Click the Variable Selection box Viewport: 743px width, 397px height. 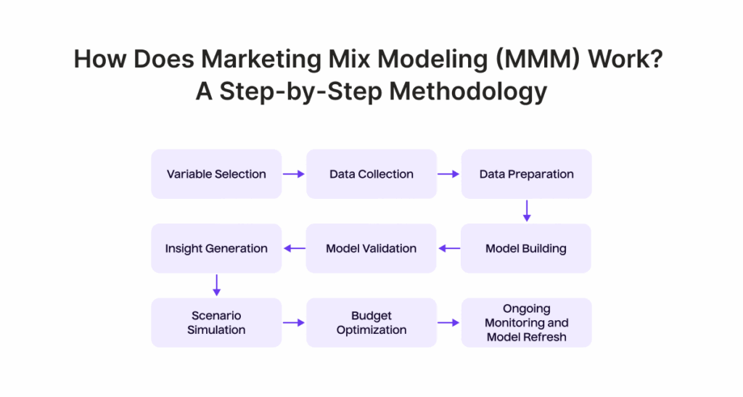click(216, 174)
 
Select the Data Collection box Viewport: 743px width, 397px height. click(371, 174)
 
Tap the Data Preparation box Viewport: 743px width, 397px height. click(527, 174)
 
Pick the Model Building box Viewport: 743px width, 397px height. click(526, 248)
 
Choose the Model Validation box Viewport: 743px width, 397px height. click(371, 248)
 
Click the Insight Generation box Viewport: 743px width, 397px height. click(216, 248)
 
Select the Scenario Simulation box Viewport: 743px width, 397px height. click(216, 323)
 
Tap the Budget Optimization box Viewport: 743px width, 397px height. click(371, 323)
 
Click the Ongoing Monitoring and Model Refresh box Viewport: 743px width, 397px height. click(527, 323)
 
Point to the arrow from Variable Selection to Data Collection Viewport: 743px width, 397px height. click(294, 174)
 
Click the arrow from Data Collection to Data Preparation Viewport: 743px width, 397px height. click(448, 174)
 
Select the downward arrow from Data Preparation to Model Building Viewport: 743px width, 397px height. click(527, 210)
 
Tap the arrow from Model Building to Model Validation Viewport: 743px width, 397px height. click(449, 248)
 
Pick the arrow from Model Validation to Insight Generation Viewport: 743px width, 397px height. click(295, 248)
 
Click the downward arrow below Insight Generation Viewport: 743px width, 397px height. click(216, 285)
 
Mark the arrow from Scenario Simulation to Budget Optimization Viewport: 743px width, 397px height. click(294, 323)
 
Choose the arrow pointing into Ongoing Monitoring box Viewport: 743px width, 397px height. click(448, 323)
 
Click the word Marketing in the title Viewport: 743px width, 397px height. click(261, 60)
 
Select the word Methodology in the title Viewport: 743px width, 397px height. click(468, 91)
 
